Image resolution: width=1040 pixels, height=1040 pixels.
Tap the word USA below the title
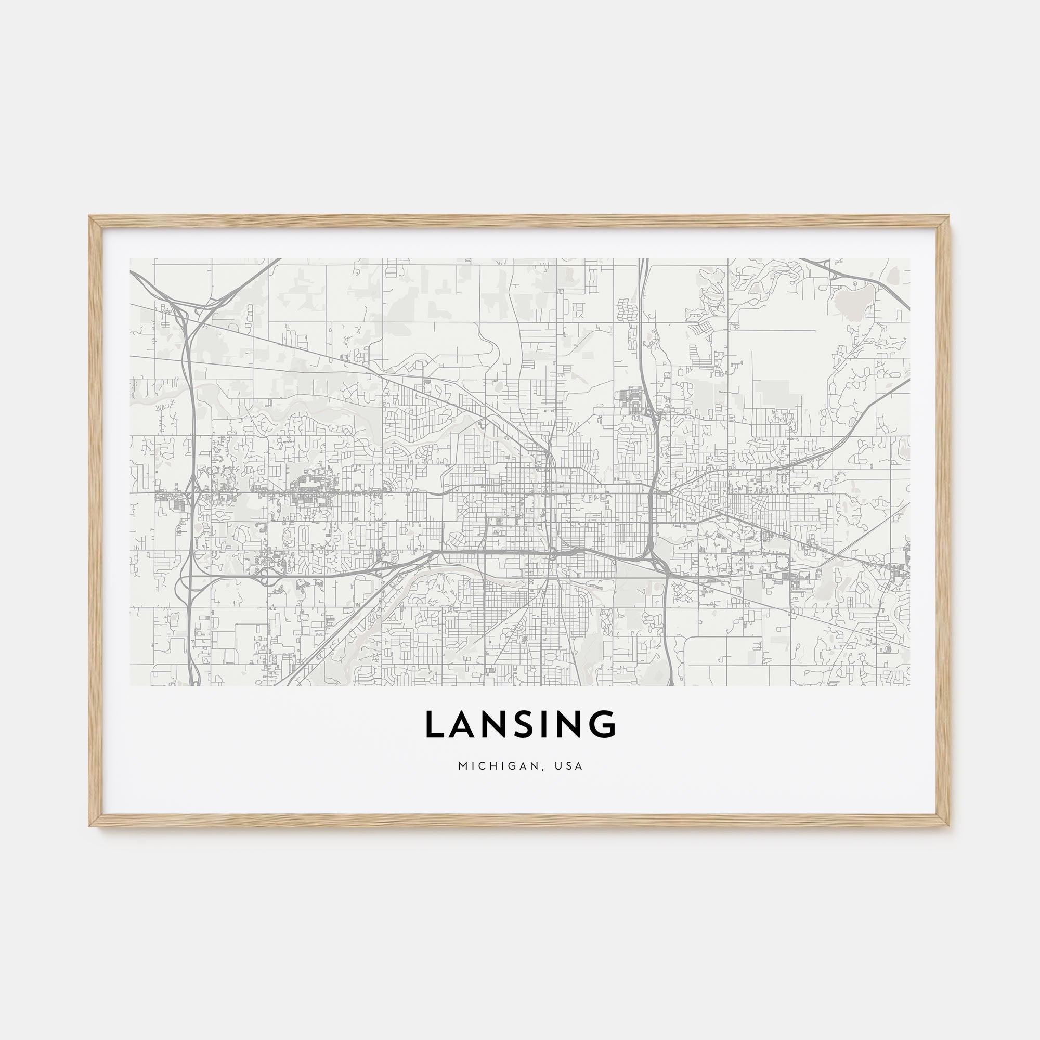pos(572,766)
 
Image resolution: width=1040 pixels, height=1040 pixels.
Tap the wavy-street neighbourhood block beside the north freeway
pos(626,314)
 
